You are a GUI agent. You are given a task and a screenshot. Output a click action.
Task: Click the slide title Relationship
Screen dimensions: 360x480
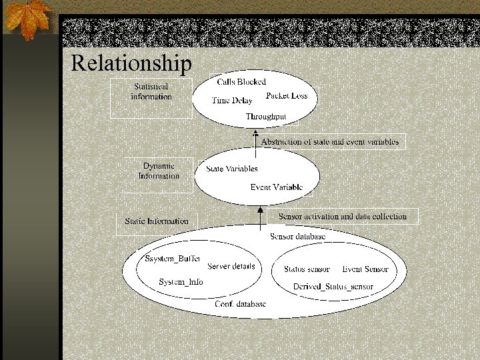pos(131,63)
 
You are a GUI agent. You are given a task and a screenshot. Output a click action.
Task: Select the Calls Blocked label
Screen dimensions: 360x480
pos(241,82)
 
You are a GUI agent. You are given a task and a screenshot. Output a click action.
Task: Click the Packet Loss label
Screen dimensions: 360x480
pos(287,96)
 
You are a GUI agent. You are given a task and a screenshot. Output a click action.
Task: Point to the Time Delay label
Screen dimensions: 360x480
pos(232,101)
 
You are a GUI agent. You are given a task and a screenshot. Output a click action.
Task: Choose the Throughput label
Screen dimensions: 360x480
pos(266,117)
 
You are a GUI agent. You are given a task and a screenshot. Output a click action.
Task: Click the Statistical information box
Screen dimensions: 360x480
pos(151,92)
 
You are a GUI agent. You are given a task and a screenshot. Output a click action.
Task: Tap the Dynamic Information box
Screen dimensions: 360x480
pos(159,171)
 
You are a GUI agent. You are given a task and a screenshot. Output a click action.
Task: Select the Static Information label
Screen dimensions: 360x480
pos(157,221)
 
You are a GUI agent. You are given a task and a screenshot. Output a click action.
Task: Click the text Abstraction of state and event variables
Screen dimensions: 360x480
pos(330,141)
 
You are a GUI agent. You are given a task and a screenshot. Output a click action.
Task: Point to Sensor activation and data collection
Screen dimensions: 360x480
pos(342,217)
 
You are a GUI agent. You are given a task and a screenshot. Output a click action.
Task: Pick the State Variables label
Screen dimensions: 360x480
pos(232,169)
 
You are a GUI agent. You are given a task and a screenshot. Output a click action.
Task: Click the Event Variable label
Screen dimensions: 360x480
pos(277,187)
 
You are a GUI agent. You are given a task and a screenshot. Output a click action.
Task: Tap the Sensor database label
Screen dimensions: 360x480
pos(297,237)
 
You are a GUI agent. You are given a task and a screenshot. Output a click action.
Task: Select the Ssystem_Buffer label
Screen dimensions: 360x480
pos(173,259)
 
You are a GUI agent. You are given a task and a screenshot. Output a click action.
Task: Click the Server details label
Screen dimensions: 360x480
pos(231,267)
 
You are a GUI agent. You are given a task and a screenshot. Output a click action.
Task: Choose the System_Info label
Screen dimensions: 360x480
pos(181,282)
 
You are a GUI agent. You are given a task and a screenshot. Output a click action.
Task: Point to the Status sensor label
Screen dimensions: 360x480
pos(307,269)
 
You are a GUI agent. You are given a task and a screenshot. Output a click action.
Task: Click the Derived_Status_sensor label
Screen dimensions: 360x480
pos(333,287)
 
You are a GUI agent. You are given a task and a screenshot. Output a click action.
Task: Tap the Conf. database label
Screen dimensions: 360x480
pos(240,304)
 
